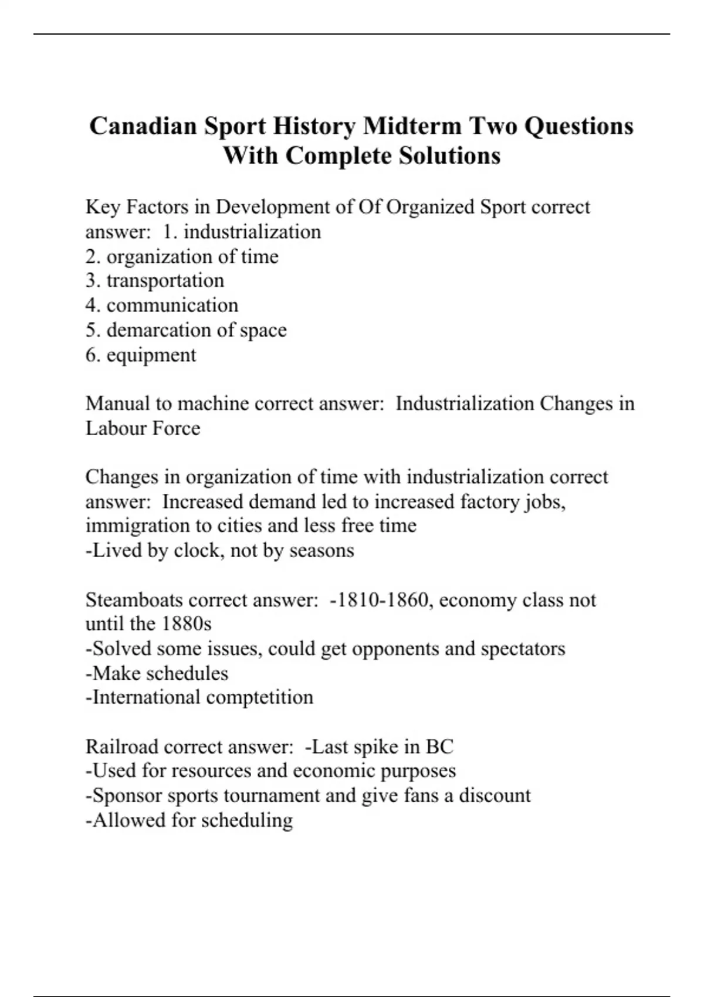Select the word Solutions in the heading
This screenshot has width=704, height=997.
(450, 156)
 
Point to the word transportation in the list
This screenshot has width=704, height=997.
(165, 280)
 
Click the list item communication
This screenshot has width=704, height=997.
(172, 305)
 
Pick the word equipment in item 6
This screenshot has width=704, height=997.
(151, 355)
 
